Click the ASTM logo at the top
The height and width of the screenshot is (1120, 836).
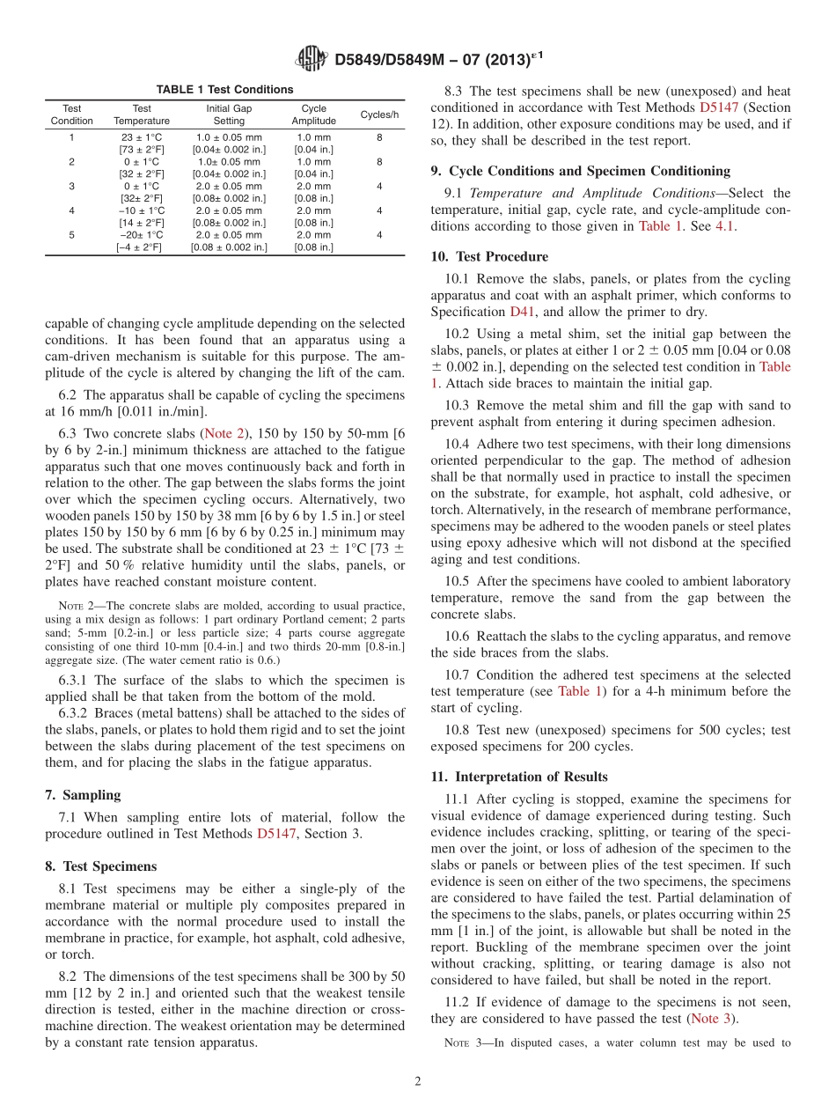(x=312, y=59)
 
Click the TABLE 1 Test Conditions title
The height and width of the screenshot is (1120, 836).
(x=224, y=90)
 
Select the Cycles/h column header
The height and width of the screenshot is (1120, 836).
(x=379, y=115)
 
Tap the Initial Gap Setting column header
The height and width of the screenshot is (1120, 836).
(x=229, y=115)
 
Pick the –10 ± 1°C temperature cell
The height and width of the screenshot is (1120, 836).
(x=142, y=210)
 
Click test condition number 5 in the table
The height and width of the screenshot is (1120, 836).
(x=71, y=235)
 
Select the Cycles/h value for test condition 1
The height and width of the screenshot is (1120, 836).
(x=379, y=137)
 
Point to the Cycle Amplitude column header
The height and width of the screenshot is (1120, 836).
(x=313, y=115)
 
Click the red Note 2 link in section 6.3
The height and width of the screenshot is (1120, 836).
(x=224, y=432)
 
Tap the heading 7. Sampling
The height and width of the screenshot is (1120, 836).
(x=83, y=795)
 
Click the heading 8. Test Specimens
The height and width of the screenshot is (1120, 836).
(x=100, y=866)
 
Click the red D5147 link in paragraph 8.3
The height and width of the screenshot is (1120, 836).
(x=719, y=107)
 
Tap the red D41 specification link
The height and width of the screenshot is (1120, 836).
(x=520, y=312)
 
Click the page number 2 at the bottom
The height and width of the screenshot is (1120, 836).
(x=418, y=1081)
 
